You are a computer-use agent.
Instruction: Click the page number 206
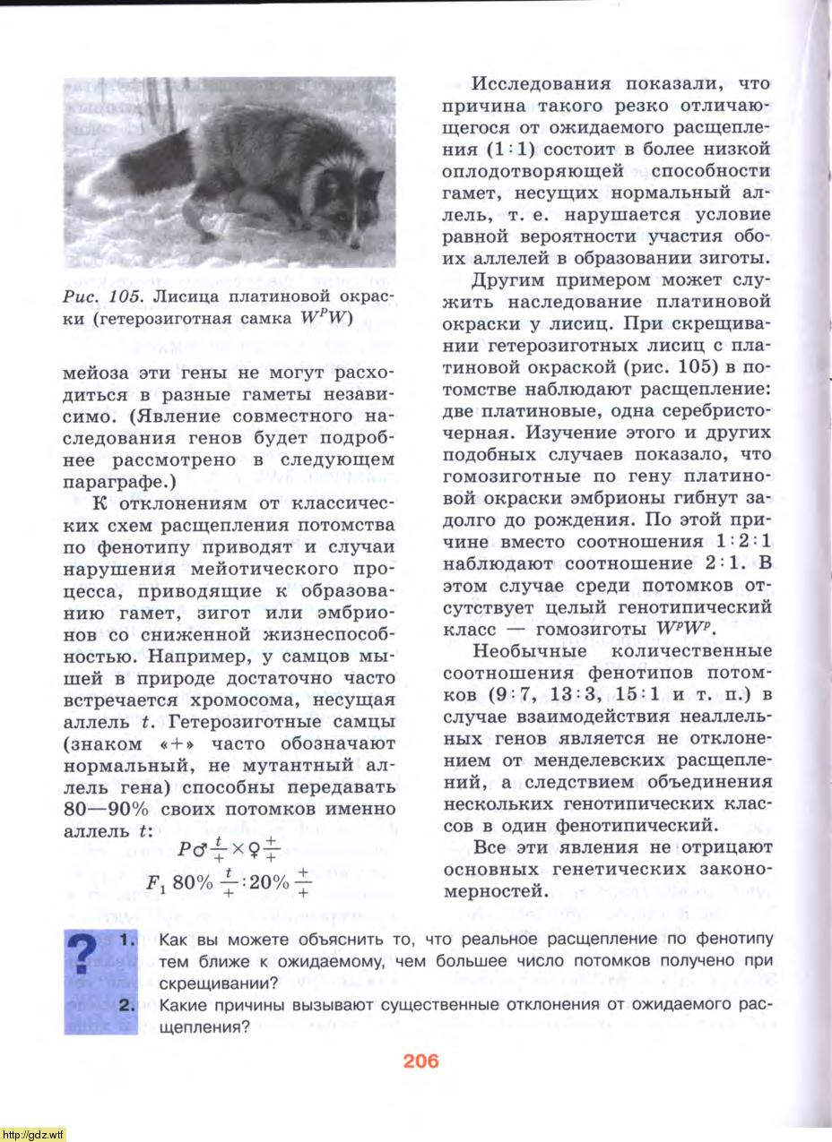click(420, 1061)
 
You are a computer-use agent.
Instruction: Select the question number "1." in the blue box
click(126, 940)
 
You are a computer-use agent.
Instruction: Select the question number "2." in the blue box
click(126, 1005)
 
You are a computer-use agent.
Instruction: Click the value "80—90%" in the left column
click(108, 811)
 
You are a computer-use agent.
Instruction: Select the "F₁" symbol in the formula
click(156, 883)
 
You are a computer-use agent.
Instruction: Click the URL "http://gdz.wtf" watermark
click(33, 1134)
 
